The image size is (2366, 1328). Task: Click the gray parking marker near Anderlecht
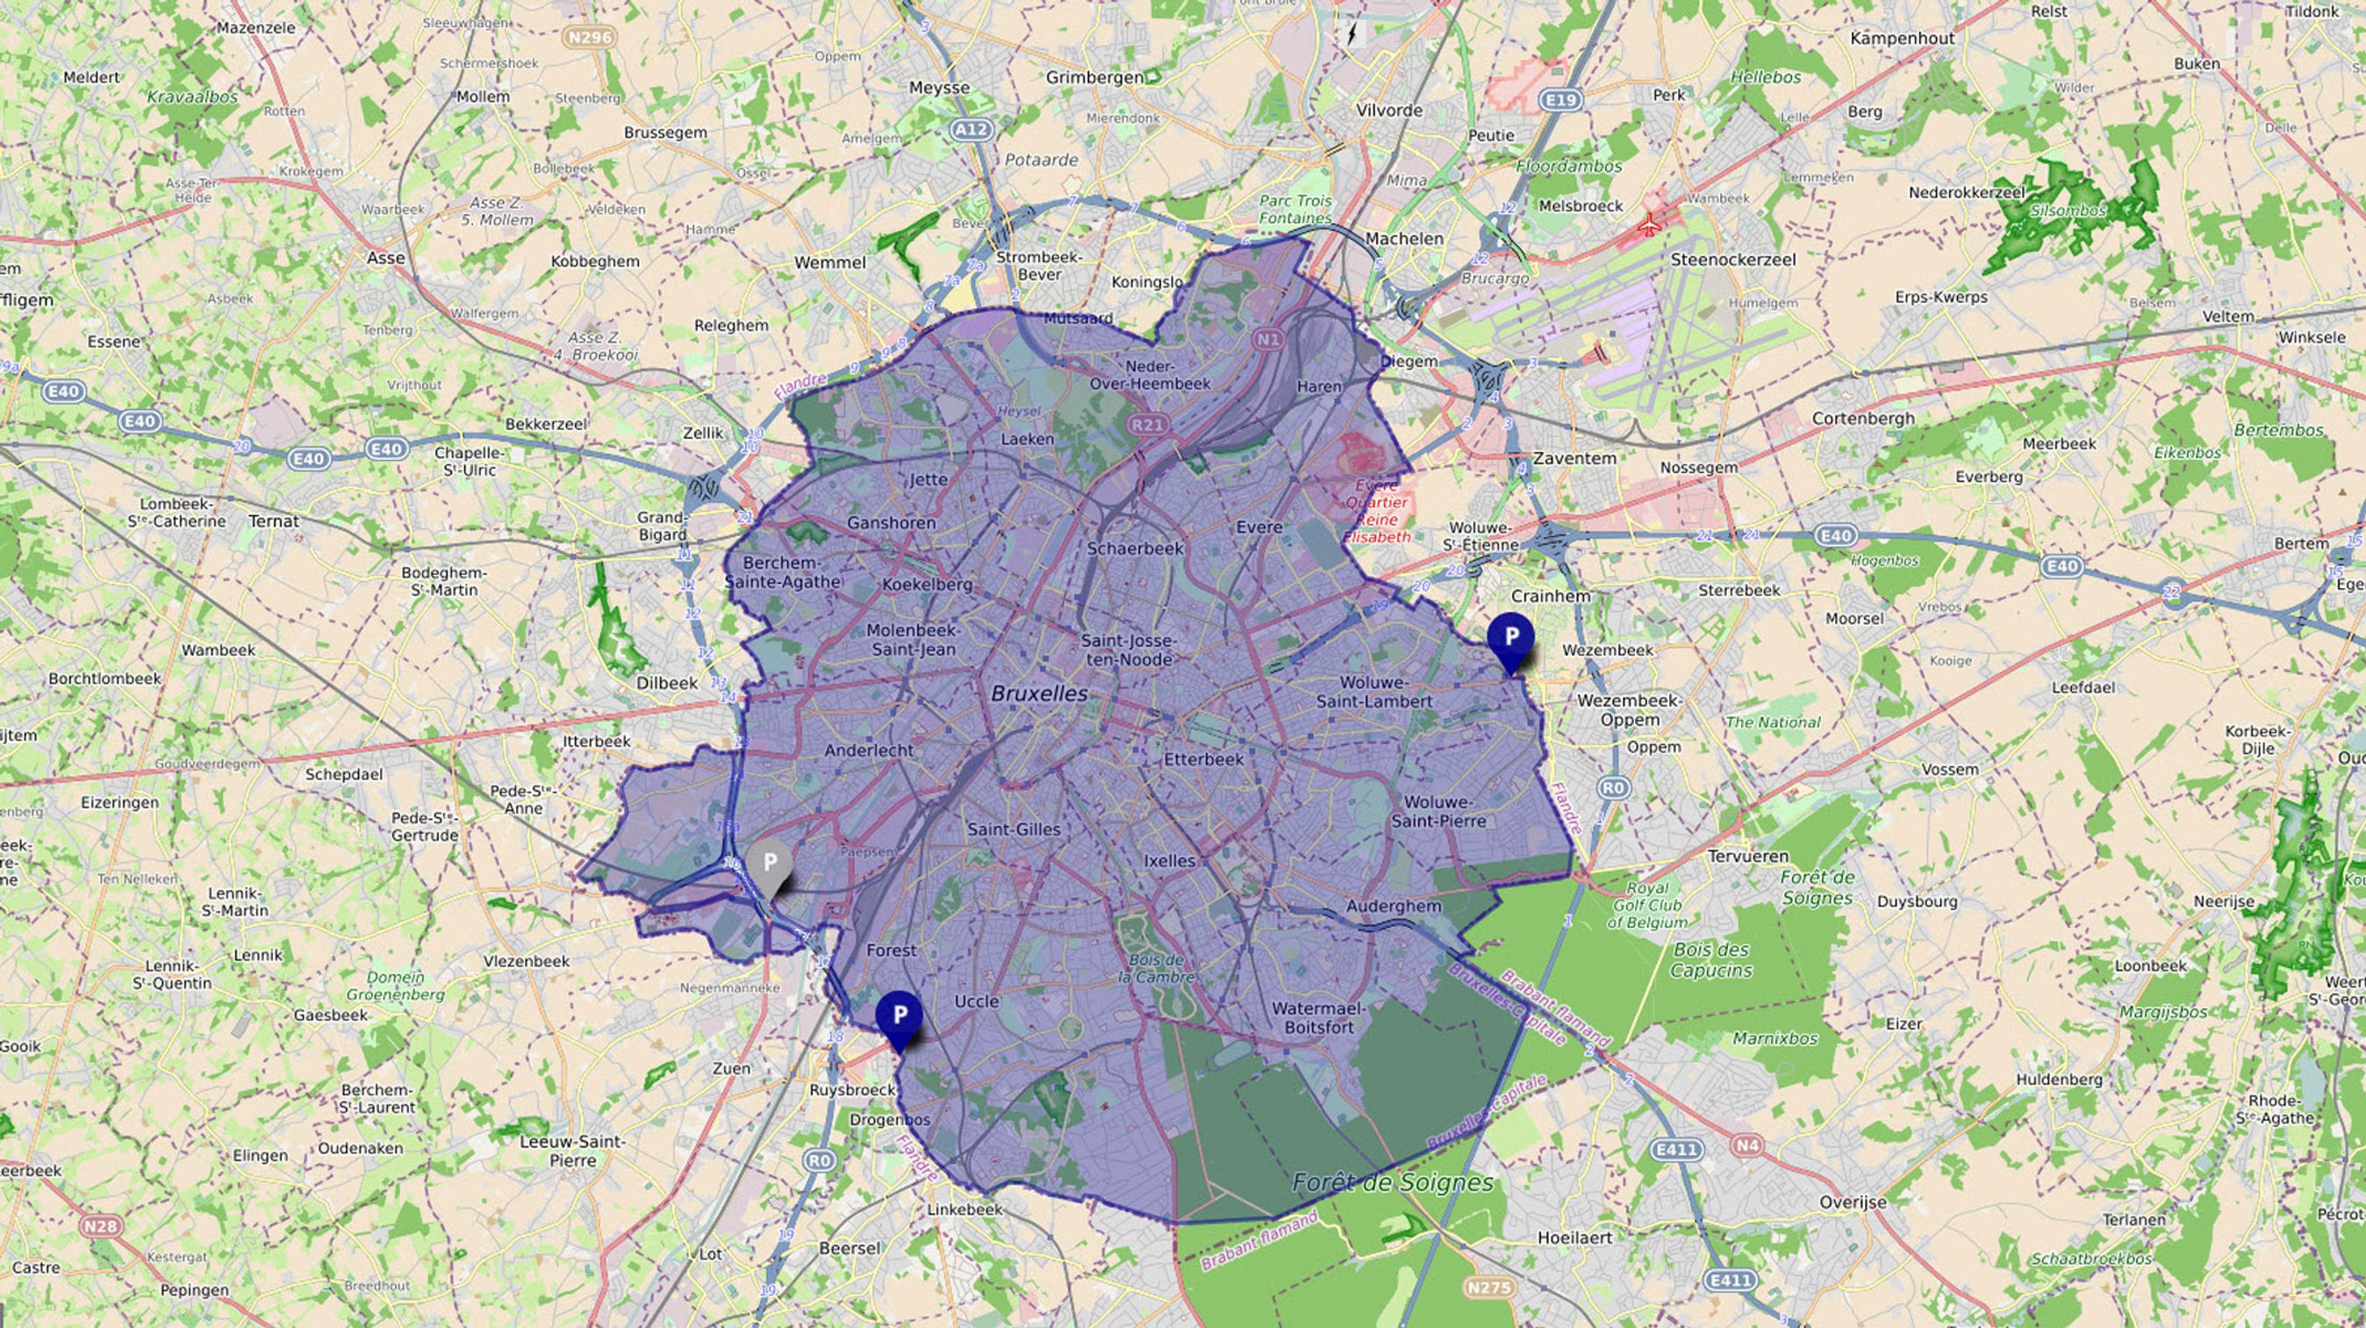click(x=770, y=865)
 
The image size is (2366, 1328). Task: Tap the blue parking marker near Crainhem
click(x=1510, y=638)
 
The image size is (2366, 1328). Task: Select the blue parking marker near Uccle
click(x=900, y=1016)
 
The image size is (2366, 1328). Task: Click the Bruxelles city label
click(x=1039, y=693)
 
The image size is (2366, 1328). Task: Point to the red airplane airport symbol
click(x=1650, y=223)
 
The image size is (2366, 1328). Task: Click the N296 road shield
click(x=589, y=38)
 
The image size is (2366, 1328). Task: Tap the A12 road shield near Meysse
click(x=971, y=130)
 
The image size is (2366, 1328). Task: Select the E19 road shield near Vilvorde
click(x=1560, y=99)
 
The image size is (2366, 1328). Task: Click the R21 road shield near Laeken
click(x=1147, y=424)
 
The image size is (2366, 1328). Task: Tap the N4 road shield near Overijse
click(x=1748, y=1145)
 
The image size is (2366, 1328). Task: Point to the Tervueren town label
click(x=1748, y=856)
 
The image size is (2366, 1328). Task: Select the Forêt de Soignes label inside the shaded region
click(x=1393, y=1183)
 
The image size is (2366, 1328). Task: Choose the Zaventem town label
click(x=1574, y=457)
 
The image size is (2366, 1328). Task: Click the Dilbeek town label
click(x=667, y=682)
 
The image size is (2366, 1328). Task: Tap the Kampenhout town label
click(x=1902, y=38)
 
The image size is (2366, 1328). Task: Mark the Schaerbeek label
click(x=1136, y=549)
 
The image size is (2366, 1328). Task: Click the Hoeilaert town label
click(x=1575, y=1237)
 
